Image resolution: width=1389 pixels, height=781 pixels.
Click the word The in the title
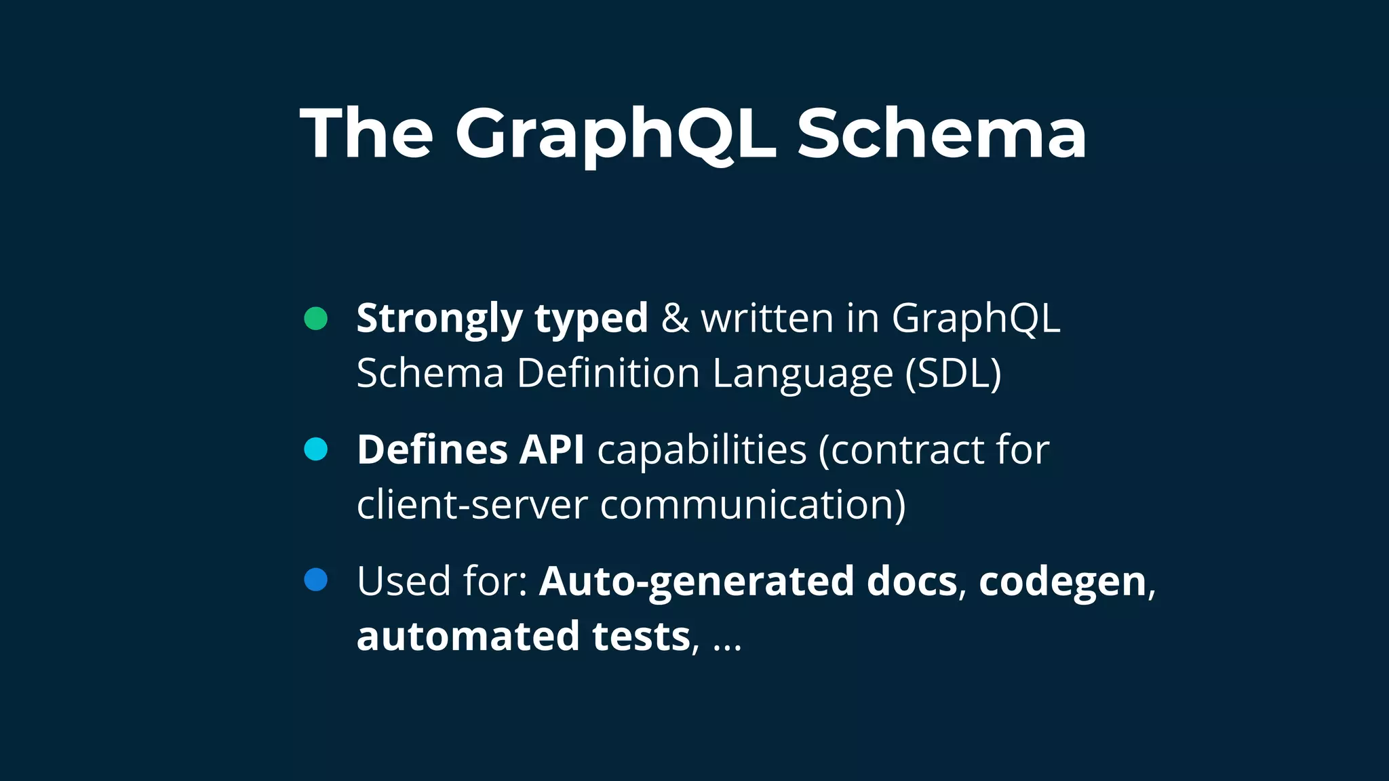pos(366,134)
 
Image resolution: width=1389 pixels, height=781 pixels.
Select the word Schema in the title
pos(941,134)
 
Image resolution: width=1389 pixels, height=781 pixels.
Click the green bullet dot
pos(316,318)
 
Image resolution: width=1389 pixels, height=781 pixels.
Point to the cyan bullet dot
pos(316,449)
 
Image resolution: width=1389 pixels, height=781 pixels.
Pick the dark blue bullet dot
pos(316,580)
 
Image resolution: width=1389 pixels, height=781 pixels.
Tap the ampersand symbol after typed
pos(675,319)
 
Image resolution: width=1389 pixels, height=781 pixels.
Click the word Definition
pos(608,373)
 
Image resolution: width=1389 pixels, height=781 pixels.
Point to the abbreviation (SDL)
pos(953,373)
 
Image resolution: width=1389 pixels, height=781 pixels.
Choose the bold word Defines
pos(432,449)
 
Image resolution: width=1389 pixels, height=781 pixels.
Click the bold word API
pos(551,449)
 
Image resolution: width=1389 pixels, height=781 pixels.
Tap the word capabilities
pos(702,449)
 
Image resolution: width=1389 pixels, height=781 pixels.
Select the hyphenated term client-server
pos(472,504)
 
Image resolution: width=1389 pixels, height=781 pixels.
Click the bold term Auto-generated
pos(697,582)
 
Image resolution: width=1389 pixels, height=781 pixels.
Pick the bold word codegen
pos(1062,582)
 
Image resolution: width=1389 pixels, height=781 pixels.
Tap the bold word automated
pos(468,636)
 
